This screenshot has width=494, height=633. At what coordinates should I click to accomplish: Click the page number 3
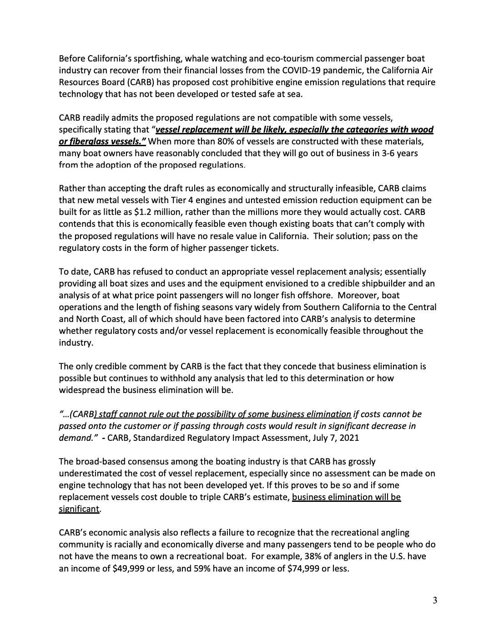[435, 601]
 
